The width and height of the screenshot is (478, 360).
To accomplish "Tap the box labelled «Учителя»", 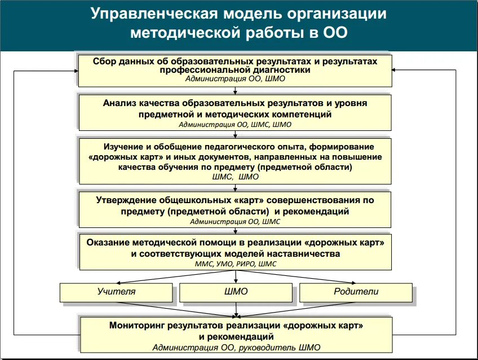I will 116,292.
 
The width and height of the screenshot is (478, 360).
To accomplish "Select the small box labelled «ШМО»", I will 236,292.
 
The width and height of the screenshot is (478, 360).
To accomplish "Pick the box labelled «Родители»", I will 356,292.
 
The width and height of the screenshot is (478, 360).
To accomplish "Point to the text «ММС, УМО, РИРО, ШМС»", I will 235,264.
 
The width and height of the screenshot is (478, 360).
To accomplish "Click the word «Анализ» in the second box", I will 119,103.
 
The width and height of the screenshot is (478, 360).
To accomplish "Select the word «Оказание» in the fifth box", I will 108,242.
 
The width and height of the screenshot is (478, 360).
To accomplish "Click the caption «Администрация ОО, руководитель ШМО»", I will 236,347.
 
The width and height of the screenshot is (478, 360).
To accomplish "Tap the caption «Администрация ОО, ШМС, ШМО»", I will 235,124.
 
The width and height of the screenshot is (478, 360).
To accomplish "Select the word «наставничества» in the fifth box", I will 306,253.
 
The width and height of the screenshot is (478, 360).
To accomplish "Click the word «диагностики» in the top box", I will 284,70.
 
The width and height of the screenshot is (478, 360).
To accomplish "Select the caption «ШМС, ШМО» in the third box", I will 235,177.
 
